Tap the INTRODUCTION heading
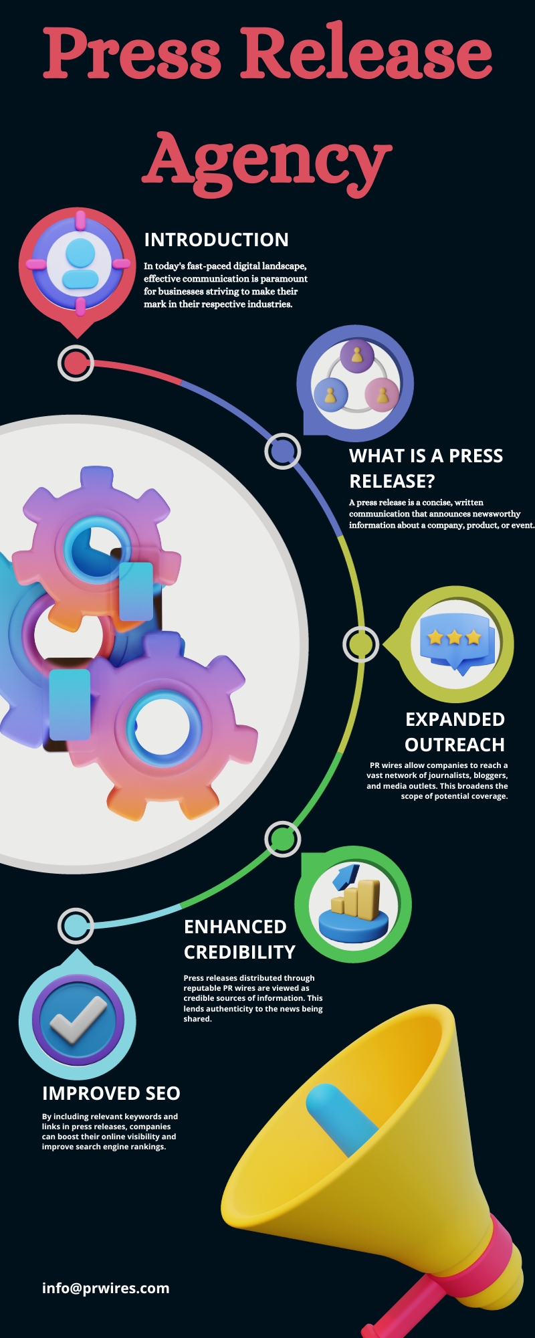click(x=216, y=240)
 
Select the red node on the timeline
click(x=76, y=363)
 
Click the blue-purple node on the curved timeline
click(x=282, y=451)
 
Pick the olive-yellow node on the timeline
click(x=360, y=644)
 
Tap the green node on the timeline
click(x=282, y=838)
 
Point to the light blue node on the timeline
click(x=76, y=926)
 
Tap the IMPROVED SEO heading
click(x=111, y=1093)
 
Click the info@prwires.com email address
click(x=106, y=1288)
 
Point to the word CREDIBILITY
click(x=239, y=952)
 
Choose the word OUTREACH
click(x=455, y=745)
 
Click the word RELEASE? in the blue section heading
click(x=392, y=481)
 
